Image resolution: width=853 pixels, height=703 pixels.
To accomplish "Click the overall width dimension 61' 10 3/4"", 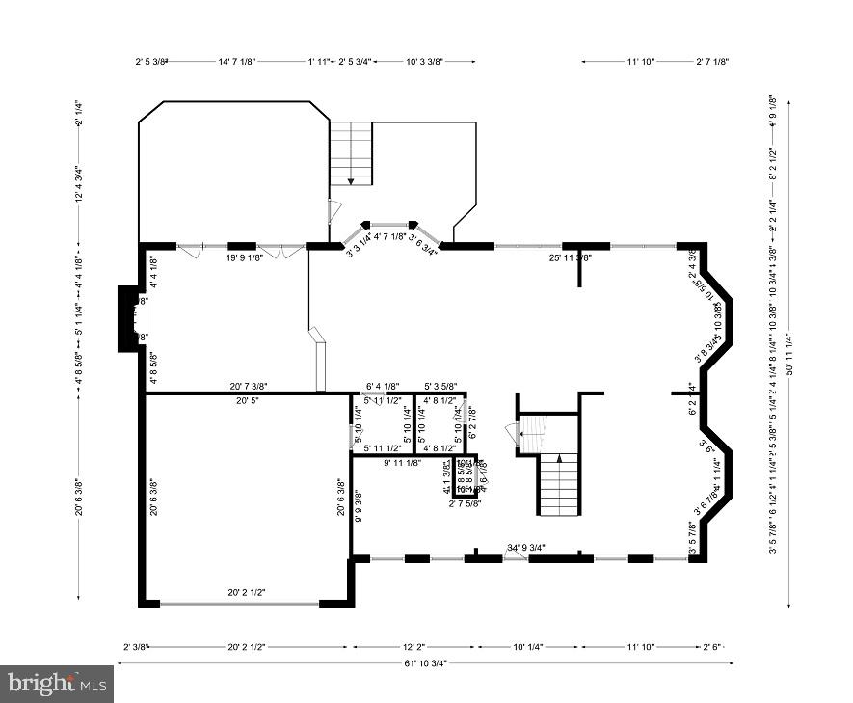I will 424,662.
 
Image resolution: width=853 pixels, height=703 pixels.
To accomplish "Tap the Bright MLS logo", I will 57,684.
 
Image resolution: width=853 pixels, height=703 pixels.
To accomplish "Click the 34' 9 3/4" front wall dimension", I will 527,548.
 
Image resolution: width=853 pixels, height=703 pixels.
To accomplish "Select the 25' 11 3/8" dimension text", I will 570,257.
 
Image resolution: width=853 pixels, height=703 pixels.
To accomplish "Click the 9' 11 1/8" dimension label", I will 402,463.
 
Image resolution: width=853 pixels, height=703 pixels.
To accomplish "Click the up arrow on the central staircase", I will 559,460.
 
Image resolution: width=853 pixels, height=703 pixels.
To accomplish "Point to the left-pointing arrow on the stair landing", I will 521,435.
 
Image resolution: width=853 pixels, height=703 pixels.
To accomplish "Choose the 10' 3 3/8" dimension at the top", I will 424,61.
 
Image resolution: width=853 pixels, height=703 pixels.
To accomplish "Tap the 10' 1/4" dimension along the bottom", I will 529,647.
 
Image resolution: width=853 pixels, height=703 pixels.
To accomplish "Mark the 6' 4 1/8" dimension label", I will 382,385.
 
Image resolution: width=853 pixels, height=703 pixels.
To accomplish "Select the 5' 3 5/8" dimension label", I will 440,385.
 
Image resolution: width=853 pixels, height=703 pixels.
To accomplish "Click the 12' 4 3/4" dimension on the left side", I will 81,183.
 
